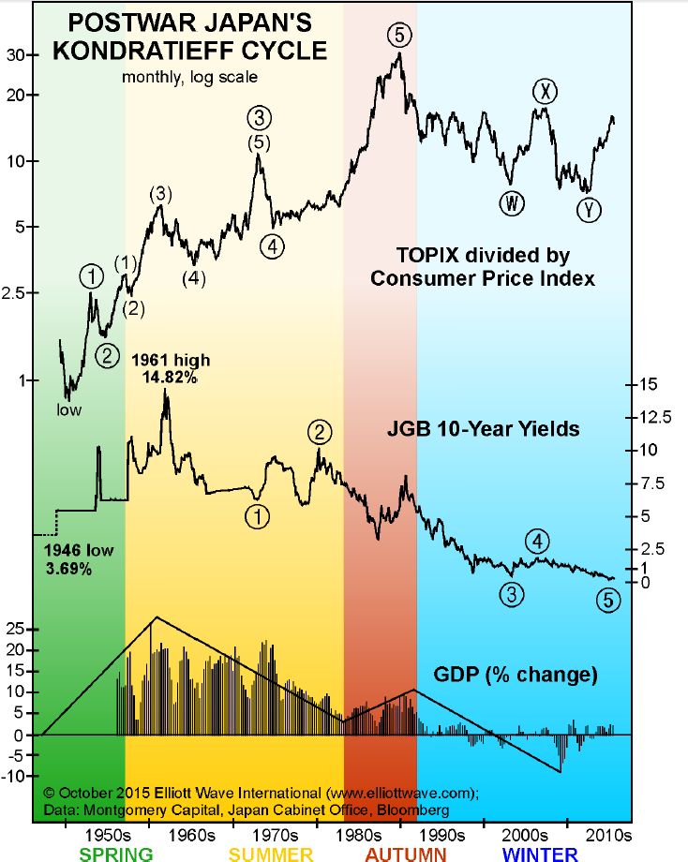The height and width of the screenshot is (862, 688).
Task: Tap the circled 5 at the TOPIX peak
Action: [398, 36]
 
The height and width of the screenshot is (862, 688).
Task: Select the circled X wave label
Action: [546, 91]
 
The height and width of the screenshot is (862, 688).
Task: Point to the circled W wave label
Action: [512, 203]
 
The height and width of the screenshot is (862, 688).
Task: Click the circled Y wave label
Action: [588, 210]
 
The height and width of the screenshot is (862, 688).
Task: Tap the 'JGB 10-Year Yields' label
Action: [483, 429]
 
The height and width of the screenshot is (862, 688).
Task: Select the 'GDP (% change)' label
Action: [516, 674]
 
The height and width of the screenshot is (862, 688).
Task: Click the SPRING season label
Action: [116, 854]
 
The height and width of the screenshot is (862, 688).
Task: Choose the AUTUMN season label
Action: [407, 854]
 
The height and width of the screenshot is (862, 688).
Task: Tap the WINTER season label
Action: [540, 854]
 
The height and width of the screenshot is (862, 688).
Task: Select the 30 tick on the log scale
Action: [17, 55]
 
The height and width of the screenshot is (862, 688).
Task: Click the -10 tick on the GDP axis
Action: [16, 776]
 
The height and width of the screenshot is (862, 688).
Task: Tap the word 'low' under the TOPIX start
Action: [68, 409]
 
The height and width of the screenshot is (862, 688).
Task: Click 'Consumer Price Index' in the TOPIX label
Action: [483, 278]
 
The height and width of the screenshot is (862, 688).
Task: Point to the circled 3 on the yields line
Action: [512, 594]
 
